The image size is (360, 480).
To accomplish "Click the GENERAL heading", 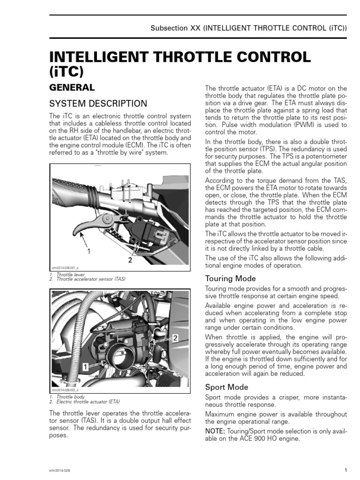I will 72,87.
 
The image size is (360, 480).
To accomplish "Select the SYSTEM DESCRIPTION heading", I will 98,103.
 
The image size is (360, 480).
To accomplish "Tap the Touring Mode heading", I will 231,278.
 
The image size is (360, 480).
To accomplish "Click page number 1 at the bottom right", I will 345,470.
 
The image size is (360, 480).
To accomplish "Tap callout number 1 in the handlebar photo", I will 88,251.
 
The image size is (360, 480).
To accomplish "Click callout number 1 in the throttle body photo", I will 86,368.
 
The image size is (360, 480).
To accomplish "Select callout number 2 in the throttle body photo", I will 175,337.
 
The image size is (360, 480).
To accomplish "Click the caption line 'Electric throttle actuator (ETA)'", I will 88,402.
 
